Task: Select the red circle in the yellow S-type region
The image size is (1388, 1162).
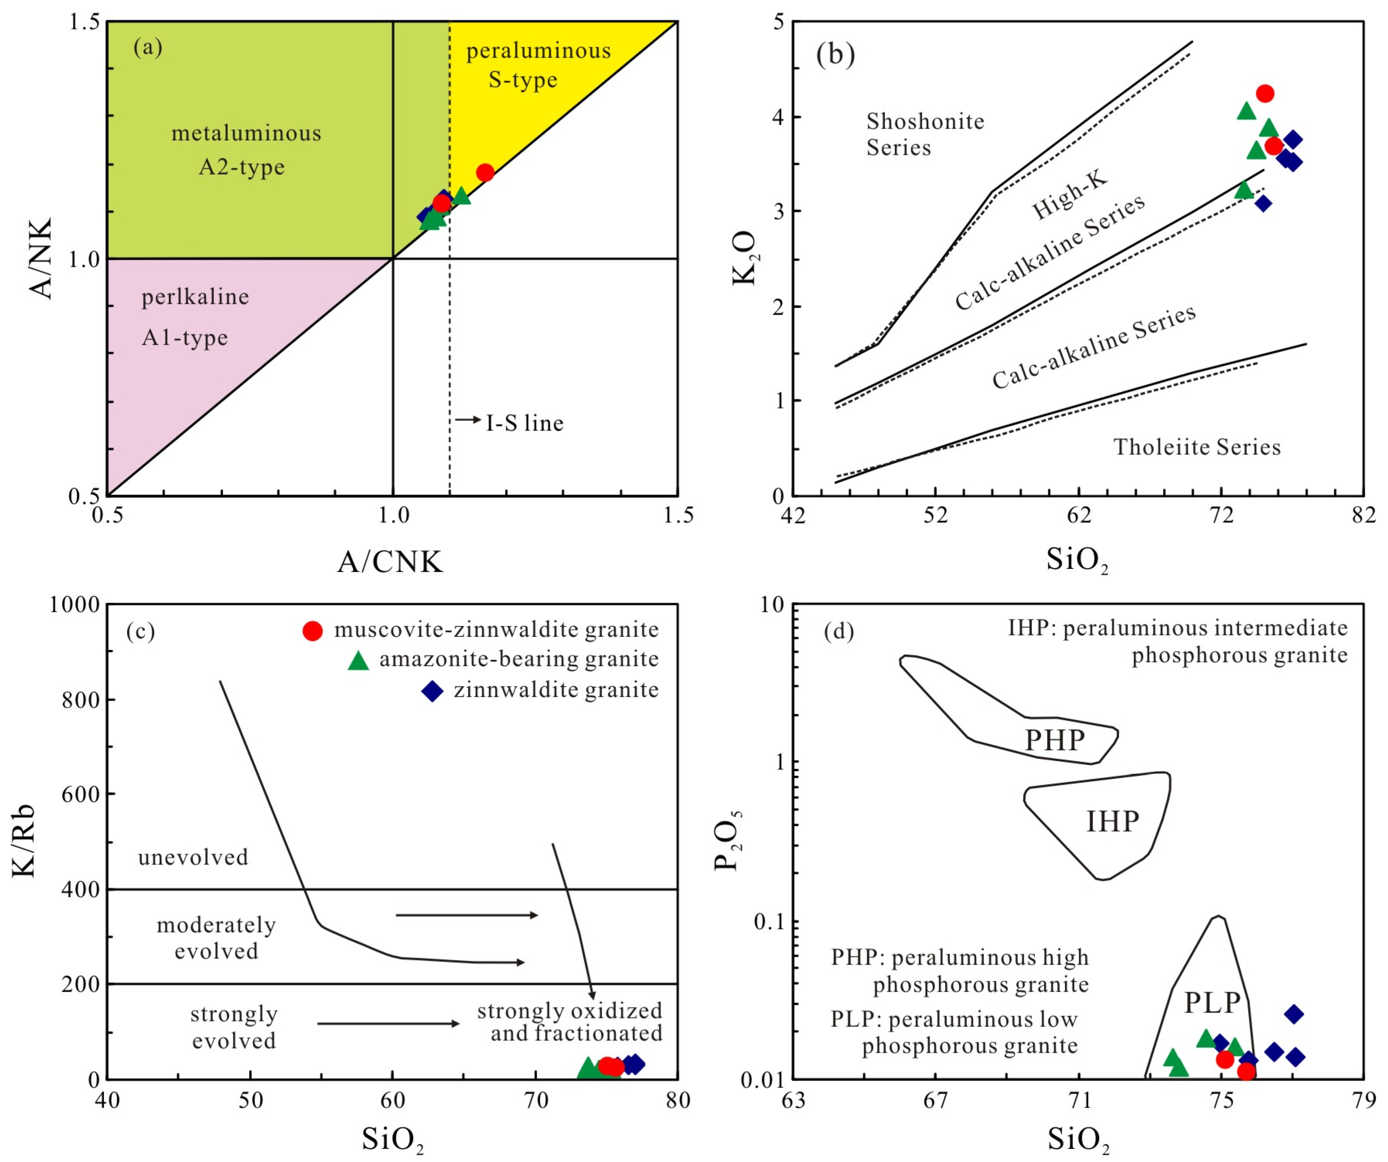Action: click(485, 173)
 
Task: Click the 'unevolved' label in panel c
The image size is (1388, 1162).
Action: click(193, 857)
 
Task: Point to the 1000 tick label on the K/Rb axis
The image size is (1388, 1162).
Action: click(74, 604)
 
